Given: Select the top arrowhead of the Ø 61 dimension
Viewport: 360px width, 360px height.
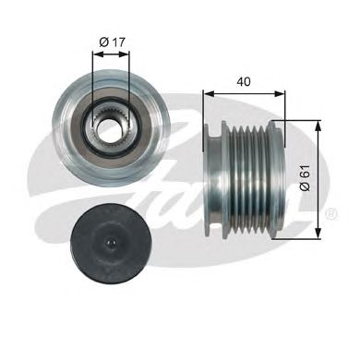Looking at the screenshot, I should [318, 125].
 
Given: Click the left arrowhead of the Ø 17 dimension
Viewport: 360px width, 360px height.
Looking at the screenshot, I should [94, 53].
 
